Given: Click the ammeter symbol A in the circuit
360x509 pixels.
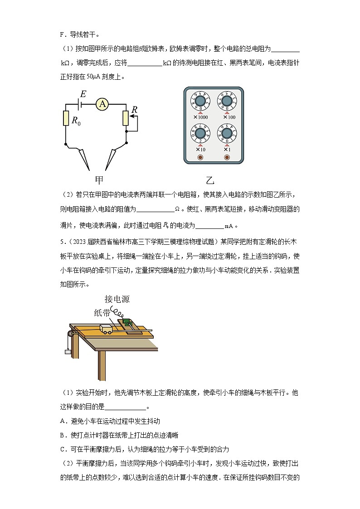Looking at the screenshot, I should tap(103, 104).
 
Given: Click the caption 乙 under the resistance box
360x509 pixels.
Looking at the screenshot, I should tap(210, 180).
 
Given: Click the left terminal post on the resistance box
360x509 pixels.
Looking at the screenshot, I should tap(200, 157).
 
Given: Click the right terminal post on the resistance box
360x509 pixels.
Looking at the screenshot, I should tap(227, 157).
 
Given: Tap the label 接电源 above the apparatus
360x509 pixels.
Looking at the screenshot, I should tap(117, 299).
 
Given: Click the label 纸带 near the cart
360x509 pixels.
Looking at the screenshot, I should tap(102, 313).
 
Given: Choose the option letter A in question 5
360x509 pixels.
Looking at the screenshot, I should tap(63, 421).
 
